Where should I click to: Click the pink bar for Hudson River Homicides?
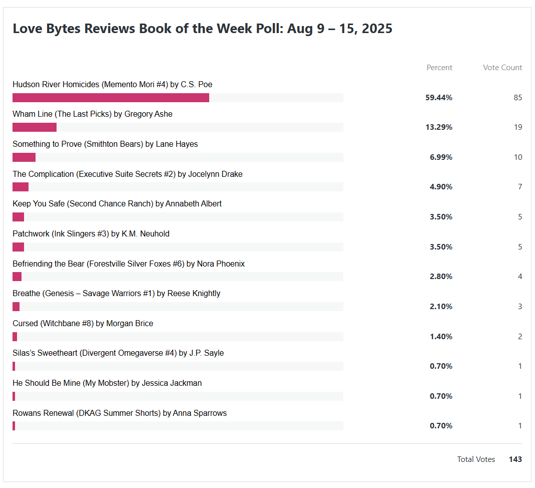[111, 98]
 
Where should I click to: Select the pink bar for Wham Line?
[35, 127]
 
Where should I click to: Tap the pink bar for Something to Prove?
[24, 157]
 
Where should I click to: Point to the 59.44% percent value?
[439, 98]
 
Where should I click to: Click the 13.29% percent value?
[439, 127]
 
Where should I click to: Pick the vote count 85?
[517, 98]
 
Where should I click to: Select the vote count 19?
[517, 127]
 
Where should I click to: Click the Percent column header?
[439, 68]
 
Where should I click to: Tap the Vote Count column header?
[502, 68]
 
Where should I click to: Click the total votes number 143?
[515, 459]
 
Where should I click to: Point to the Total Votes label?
[476, 459]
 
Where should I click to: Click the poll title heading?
[202, 29]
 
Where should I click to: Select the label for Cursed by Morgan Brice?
[83, 324]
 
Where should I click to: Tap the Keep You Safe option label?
[117, 204]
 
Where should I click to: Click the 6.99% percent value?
[441, 157]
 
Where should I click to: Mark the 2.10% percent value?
[441, 307]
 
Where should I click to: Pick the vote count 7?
[520, 187]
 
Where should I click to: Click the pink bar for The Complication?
[21, 187]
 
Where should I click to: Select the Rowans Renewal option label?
[120, 413]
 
